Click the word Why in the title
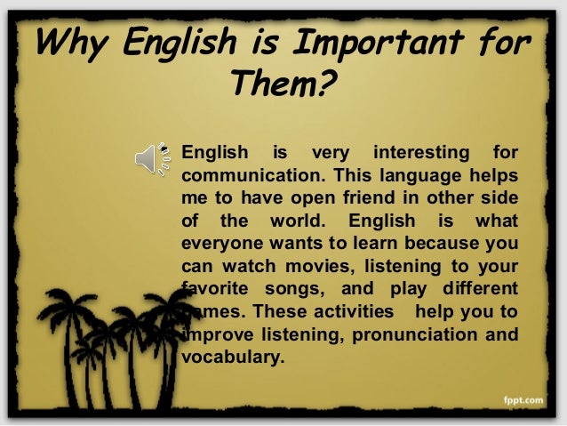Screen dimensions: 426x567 [x=71, y=43]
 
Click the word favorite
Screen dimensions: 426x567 [x=212, y=287]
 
